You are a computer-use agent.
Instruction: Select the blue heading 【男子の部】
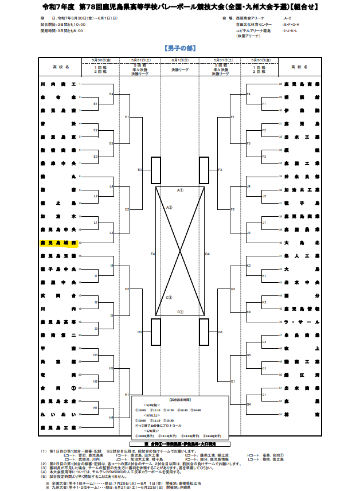tap(179, 49)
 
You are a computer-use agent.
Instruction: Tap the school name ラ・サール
tap(301, 322)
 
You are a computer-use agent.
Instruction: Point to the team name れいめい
tap(58, 415)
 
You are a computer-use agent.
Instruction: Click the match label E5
tap(111, 143)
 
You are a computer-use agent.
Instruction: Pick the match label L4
tap(111, 187)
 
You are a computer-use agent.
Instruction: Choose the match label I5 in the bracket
tap(111, 315)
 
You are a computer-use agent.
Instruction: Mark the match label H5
tap(111, 368)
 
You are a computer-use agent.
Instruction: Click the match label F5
tap(248, 143)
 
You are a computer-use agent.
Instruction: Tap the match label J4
tap(248, 187)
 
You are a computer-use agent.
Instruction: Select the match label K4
tap(248, 311)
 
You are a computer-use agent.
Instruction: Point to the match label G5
tap(248, 355)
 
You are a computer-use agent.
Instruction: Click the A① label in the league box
tap(179, 190)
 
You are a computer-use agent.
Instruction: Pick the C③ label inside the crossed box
tap(170, 298)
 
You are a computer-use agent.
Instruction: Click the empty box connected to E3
tap(156, 171)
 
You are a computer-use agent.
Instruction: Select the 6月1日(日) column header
tap(179, 60)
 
